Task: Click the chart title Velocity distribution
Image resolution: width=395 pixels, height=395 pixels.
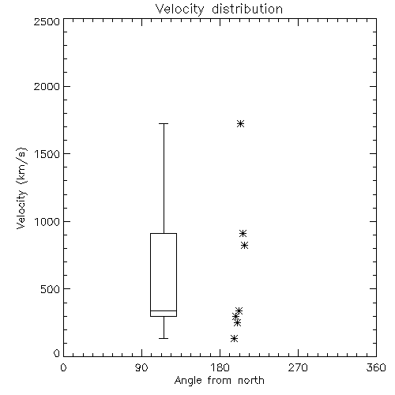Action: point(219,9)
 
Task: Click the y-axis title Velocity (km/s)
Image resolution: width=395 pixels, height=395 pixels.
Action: point(21,188)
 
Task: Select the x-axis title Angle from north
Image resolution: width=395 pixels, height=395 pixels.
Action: point(219,381)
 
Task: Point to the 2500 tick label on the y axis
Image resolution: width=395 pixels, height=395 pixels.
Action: point(47,21)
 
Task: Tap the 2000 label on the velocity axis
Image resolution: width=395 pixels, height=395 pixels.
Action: point(47,86)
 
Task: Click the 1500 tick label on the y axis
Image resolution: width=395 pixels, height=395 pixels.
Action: point(47,154)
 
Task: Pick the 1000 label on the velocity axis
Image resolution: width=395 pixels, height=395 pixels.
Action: point(47,222)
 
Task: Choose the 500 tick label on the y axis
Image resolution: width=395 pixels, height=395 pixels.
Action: point(51,289)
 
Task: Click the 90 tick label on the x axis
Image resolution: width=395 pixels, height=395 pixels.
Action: point(141,367)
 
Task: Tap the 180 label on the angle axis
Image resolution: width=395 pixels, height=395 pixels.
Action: point(220,367)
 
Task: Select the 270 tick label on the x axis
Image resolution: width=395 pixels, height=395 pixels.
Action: point(298,367)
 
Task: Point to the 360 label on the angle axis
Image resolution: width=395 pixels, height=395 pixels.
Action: point(376,367)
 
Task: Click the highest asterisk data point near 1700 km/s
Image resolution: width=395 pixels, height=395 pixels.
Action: point(240,123)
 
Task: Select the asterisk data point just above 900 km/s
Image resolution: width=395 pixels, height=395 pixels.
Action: point(243,233)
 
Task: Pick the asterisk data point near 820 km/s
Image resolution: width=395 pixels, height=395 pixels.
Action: point(244,246)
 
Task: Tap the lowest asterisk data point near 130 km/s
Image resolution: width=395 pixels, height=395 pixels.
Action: point(234,338)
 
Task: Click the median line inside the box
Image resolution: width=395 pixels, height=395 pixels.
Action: point(164,310)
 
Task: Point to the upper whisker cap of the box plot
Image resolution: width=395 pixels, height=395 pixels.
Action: point(164,123)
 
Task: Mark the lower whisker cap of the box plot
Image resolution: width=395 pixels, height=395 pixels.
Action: point(164,338)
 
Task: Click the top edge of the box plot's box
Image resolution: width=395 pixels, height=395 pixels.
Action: point(164,233)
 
